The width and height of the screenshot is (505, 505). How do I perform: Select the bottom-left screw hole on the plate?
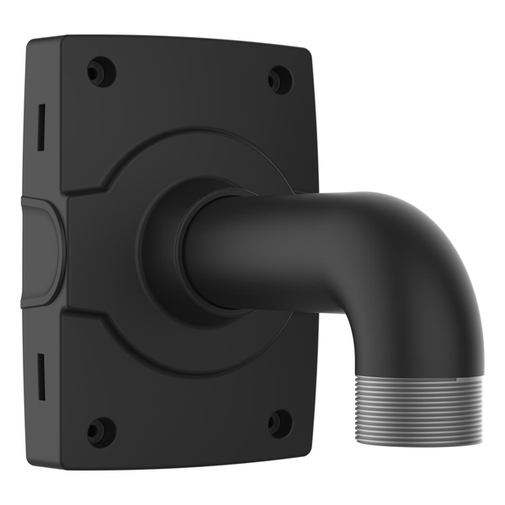click(x=100, y=431)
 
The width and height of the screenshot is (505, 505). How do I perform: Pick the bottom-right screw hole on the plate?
click(x=279, y=423)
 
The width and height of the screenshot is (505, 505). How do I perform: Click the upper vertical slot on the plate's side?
click(x=40, y=127)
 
